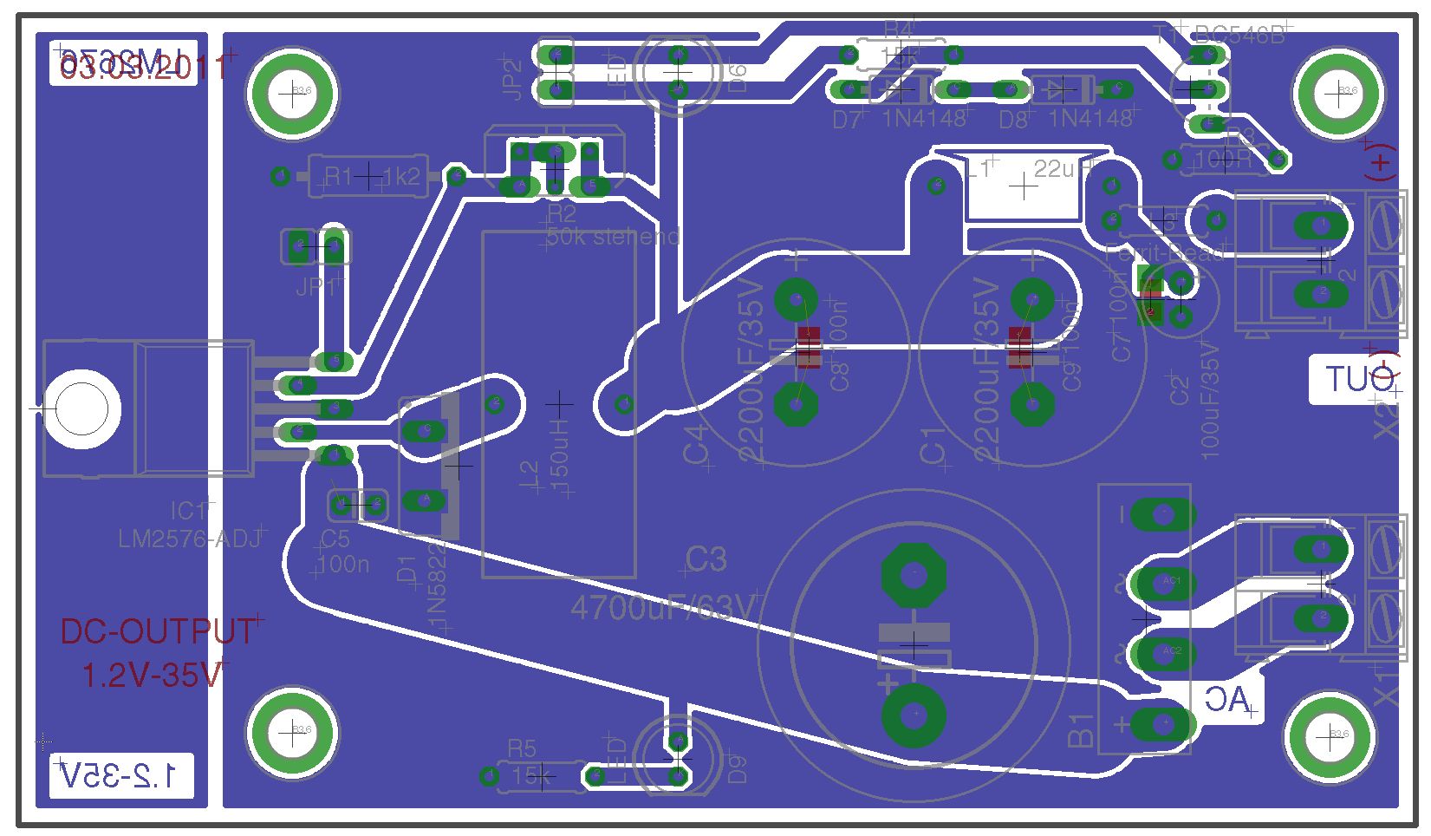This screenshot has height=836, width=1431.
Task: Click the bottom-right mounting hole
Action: pos(1327,735)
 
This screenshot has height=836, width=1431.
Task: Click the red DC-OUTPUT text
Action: pos(158,632)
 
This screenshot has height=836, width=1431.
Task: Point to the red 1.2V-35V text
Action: pos(154,675)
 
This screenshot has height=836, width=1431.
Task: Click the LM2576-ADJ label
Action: pos(190,539)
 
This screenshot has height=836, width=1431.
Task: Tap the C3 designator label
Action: pos(706,560)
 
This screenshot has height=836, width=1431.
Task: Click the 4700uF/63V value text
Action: pos(664,609)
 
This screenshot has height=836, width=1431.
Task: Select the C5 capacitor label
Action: pos(335,540)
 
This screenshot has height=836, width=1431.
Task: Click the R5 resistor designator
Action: pos(522,748)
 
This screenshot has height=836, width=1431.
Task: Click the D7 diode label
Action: pos(846,121)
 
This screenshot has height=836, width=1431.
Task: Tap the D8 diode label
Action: pos(1013,121)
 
